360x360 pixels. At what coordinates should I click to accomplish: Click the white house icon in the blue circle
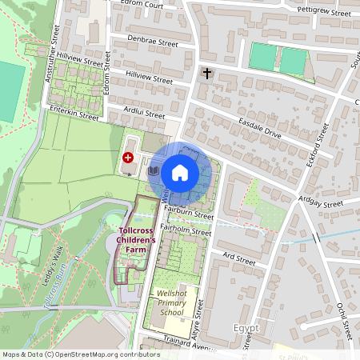pos(180,171)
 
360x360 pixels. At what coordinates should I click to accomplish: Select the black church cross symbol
pos(206,74)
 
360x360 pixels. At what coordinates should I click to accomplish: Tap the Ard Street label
pos(238,260)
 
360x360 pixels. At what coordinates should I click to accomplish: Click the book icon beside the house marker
pos(153,171)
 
